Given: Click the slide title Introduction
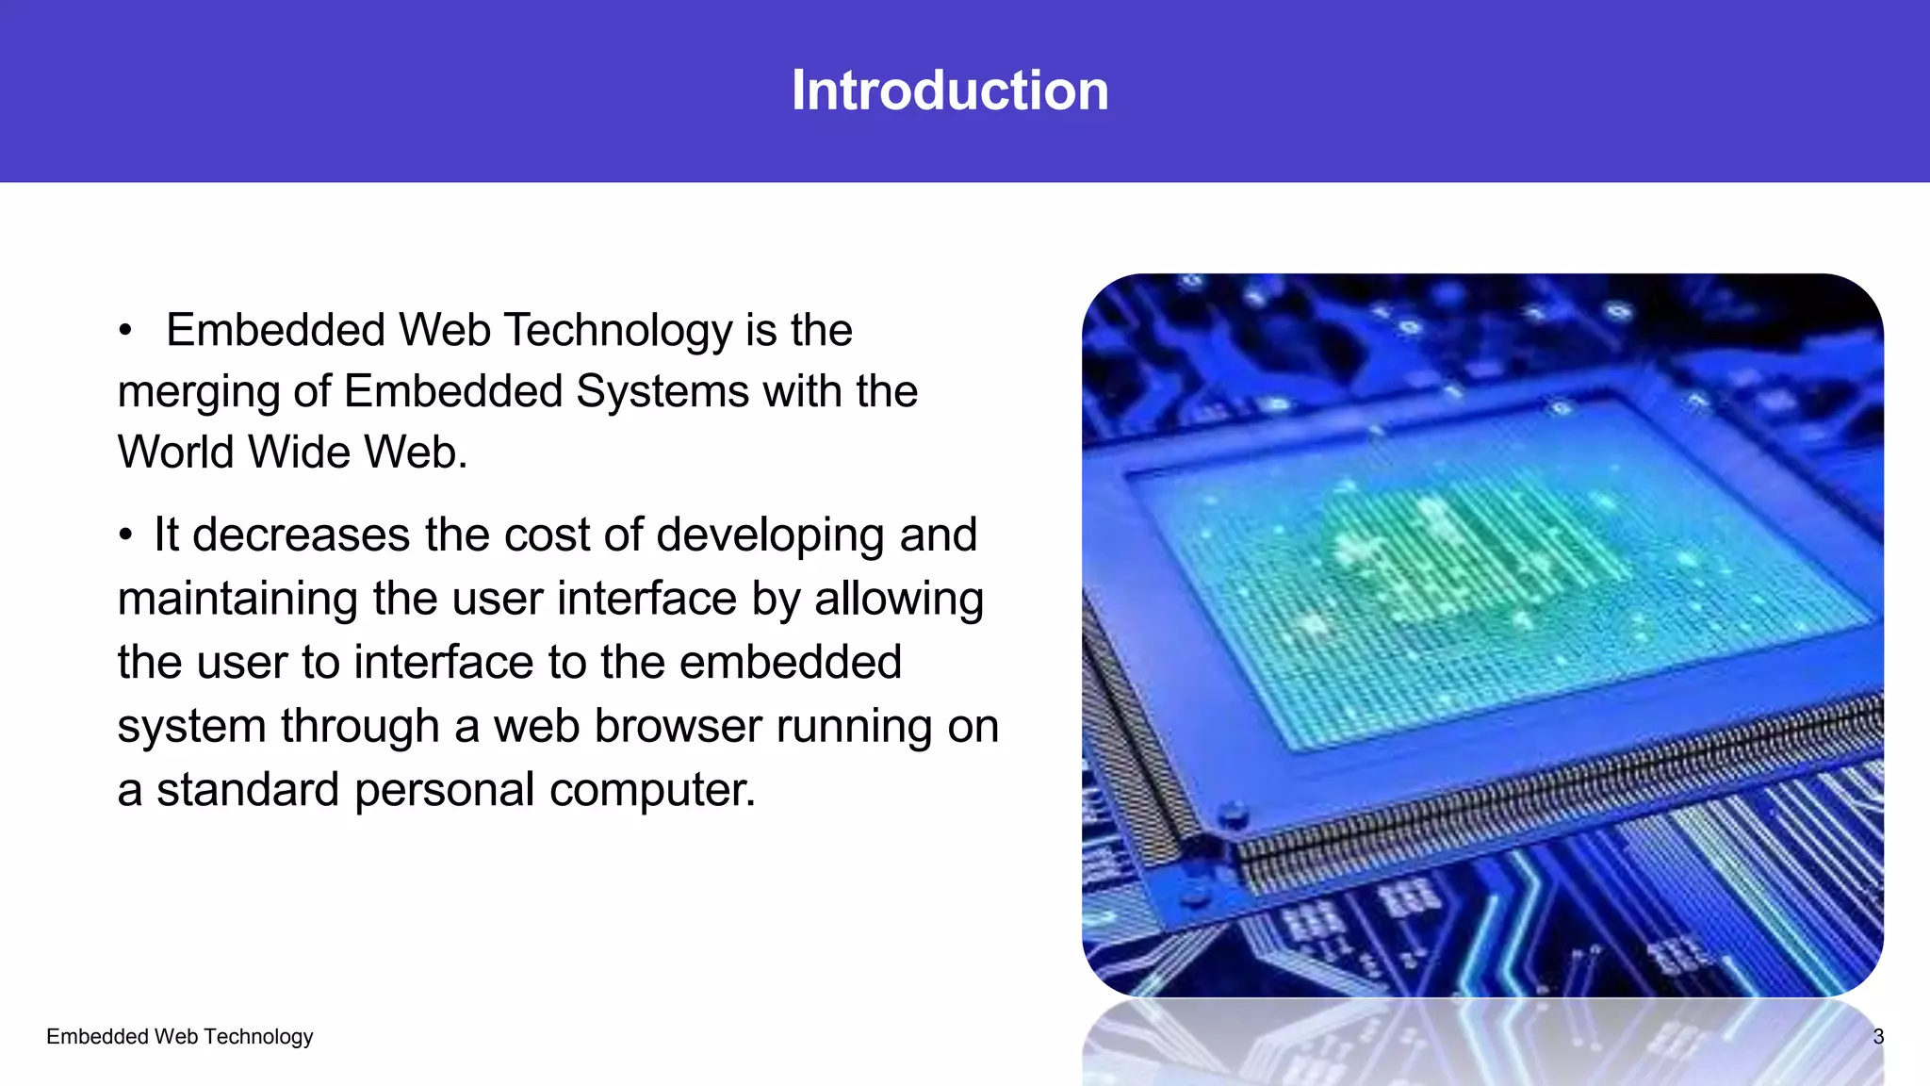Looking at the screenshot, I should click(x=949, y=90).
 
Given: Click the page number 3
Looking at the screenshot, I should click(x=1877, y=1037).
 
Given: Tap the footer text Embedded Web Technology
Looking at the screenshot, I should click(x=179, y=1037).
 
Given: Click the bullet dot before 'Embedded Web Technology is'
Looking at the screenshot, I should click(x=124, y=331).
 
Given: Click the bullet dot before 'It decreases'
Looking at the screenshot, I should click(x=124, y=535).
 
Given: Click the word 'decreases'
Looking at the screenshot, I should click(x=302, y=535).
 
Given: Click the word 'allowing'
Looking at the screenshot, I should click(x=899, y=600).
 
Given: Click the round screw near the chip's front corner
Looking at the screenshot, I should click(x=1232, y=812).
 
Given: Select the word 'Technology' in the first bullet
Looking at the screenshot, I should click(x=618, y=331).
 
